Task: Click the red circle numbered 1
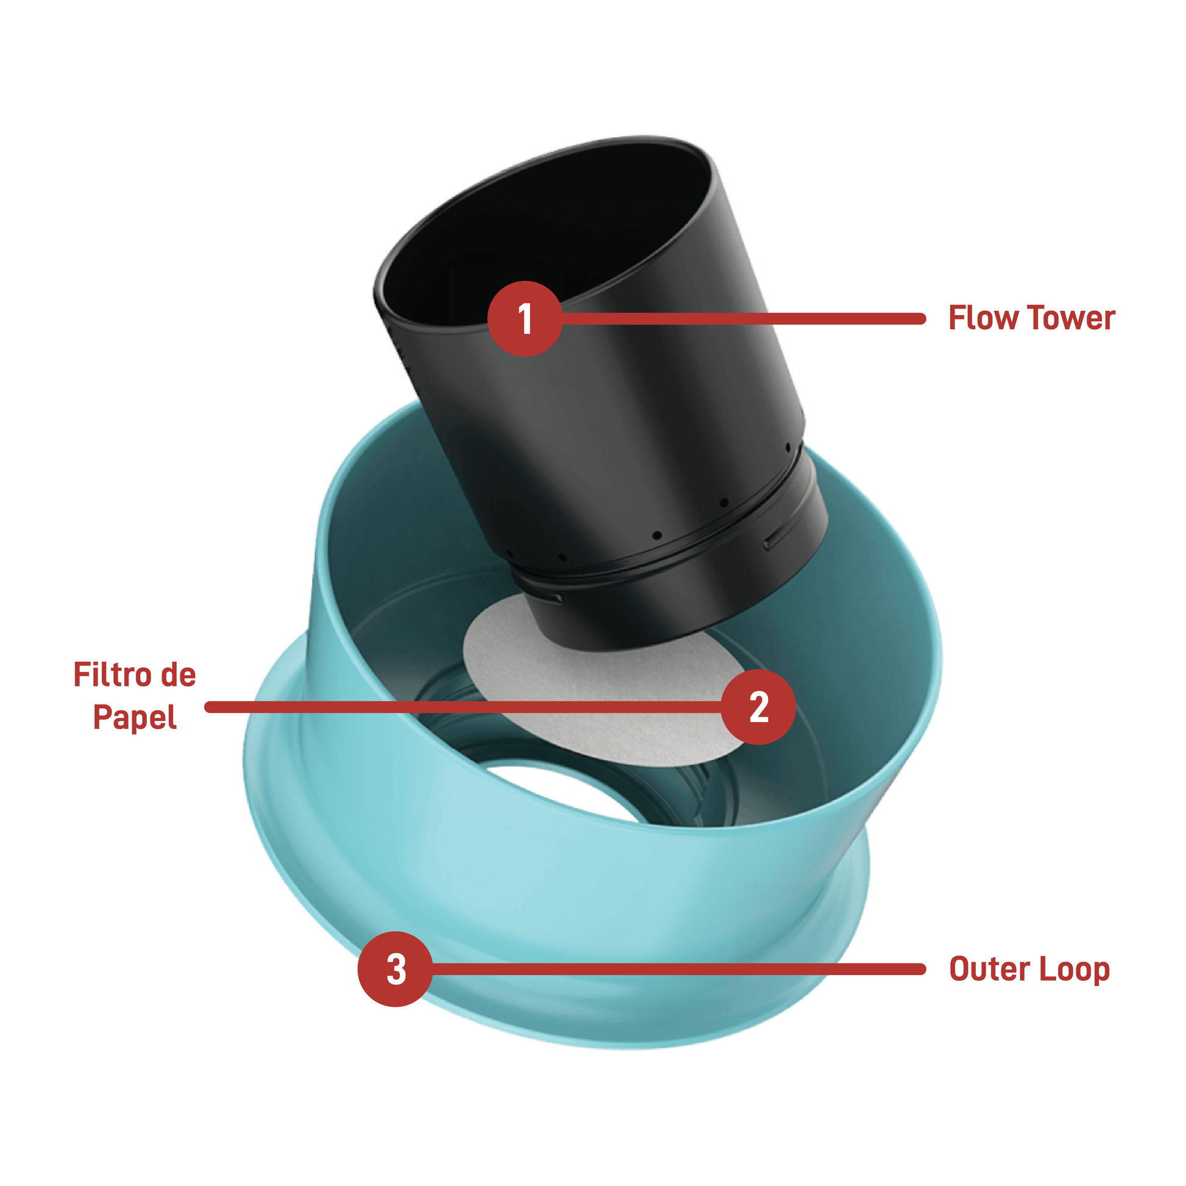click(525, 319)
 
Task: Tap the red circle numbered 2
click(759, 707)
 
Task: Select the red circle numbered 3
click(396, 969)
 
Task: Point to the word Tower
click(1072, 318)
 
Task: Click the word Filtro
click(113, 675)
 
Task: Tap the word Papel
click(135, 717)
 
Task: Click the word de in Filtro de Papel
click(179, 675)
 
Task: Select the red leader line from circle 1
click(743, 319)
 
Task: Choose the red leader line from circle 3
click(678, 969)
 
